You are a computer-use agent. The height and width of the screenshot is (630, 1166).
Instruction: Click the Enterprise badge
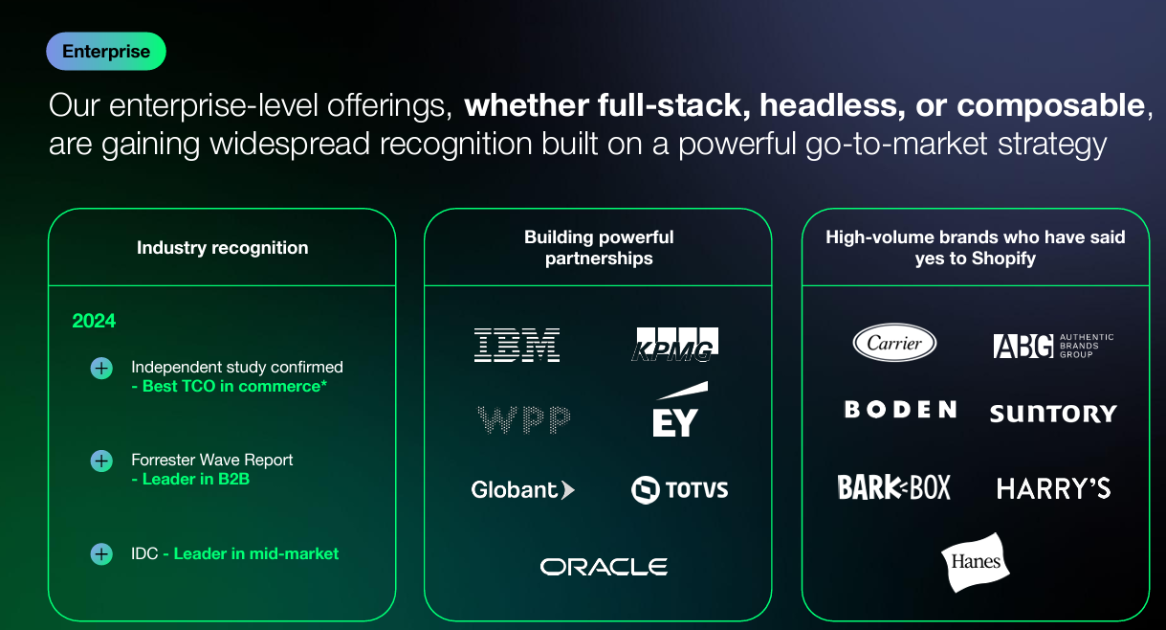click(106, 51)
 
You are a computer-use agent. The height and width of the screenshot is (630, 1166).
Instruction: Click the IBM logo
click(517, 345)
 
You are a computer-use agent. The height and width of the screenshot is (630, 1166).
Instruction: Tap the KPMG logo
click(674, 345)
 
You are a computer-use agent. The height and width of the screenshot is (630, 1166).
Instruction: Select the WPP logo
click(523, 419)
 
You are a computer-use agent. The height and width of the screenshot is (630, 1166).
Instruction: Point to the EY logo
click(678, 410)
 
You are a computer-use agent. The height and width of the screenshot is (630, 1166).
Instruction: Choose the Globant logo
click(522, 490)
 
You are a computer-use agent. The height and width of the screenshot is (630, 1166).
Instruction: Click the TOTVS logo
click(679, 490)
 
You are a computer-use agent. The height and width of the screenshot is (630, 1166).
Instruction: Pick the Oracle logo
click(604, 567)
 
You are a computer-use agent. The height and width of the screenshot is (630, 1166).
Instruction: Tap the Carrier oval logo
click(894, 343)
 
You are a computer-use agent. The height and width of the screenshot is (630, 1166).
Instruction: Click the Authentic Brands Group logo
click(1053, 346)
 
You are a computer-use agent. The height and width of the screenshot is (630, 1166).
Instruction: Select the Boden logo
click(900, 410)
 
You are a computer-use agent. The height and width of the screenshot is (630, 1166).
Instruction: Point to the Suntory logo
click(1053, 414)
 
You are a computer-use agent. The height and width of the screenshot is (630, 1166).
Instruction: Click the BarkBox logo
click(893, 487)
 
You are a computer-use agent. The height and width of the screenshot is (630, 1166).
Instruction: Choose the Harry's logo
click(1053, 488)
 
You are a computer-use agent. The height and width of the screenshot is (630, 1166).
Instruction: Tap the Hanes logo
click(975, 562)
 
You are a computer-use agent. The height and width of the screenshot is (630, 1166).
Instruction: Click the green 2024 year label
click(94, 321)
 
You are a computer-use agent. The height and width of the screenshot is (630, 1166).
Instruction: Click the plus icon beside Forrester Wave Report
click(101, 461)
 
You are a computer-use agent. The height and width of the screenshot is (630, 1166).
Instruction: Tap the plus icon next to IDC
click(101, 554)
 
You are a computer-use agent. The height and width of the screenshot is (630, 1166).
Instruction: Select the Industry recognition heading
click(222, 248)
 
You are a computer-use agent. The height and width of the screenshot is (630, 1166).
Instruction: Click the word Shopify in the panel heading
click(1003, 259)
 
